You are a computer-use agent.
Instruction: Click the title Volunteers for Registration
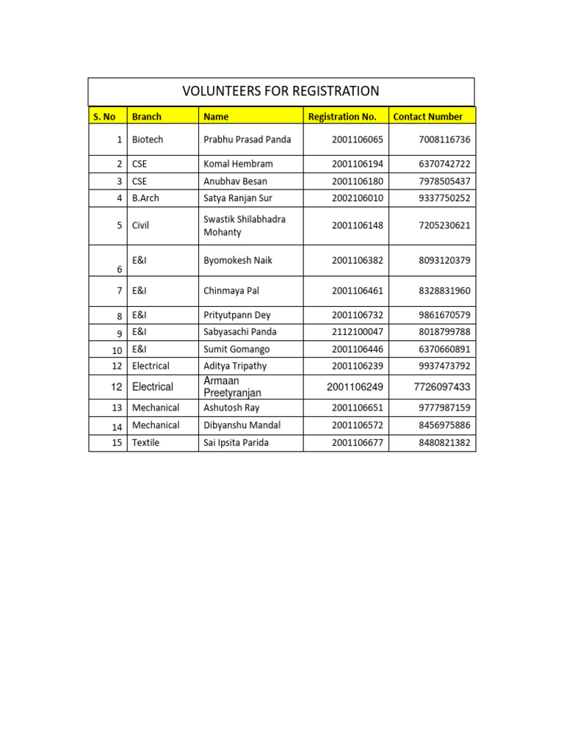point(281,92)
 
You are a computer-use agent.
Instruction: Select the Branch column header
point(147,117)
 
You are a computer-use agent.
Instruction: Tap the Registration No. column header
point(342,117)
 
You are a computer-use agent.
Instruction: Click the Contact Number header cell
point(428,117)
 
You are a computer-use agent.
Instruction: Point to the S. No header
point(104,117)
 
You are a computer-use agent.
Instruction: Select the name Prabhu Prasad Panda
point(247,140)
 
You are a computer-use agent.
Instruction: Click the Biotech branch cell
point(148,140)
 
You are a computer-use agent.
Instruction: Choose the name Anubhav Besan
point(235,181)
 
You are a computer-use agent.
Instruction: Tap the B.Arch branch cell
point(145,198)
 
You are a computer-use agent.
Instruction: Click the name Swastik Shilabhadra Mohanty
point(244,225)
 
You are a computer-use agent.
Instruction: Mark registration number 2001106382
point(357,261)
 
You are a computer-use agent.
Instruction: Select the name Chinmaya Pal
point(231,291)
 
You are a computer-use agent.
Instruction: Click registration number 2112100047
point(357,332)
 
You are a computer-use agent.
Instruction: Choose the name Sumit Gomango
point(236,350)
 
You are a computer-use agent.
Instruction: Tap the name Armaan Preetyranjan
point(232,387)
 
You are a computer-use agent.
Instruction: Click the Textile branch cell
point(145,443)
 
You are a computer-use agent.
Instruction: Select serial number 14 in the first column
point(117,427)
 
